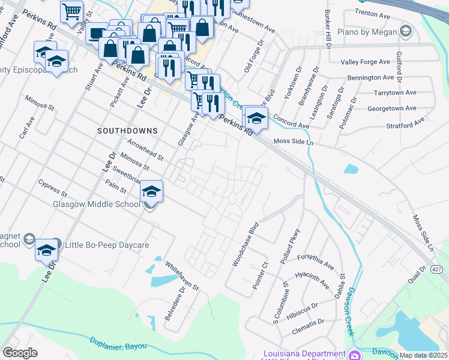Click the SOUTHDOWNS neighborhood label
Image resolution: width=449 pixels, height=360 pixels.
pos(127,130)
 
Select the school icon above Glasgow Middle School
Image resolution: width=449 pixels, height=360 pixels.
pos(151,192)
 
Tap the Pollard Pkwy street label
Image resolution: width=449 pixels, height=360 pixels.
pos(293,244)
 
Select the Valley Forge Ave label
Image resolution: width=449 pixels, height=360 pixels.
pos(366,62)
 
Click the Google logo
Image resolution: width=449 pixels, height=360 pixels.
pos(20,353)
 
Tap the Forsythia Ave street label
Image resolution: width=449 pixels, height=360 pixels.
pos(315,260)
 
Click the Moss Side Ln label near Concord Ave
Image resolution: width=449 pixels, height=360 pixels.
pos(294,142)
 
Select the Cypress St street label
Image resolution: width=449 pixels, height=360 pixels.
pos(52,187)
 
